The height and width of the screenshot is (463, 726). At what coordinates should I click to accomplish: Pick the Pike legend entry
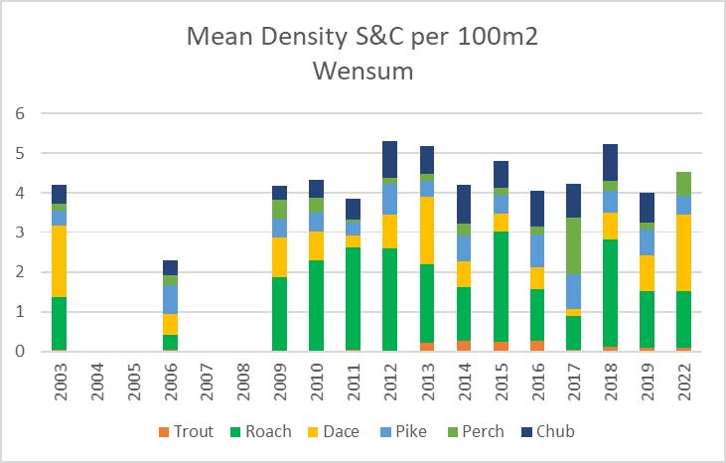click(x=414, y=432)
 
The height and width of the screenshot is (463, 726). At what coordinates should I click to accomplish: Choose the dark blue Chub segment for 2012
click(x=390, y=160)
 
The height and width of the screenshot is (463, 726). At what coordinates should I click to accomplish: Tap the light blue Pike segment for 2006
click(x=170, y=299)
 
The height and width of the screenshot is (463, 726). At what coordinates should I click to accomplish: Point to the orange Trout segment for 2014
click(x=464, y=346)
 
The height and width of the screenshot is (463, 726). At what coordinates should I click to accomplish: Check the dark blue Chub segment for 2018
click(x=611, y=162)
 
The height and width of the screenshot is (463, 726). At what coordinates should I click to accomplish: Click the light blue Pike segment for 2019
click(x=648, y=242)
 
